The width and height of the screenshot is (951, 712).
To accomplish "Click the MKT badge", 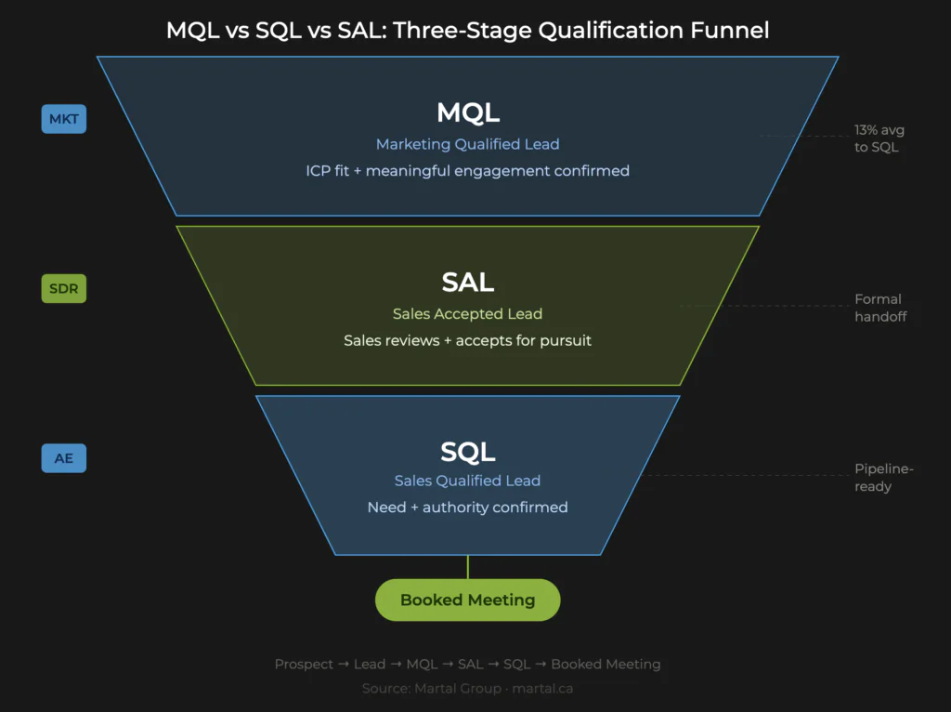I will click(63, 119).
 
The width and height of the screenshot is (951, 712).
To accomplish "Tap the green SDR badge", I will click(63, 289).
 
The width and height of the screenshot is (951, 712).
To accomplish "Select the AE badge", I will click(63, 458).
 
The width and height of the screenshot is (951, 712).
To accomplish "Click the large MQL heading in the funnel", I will click(468, 113).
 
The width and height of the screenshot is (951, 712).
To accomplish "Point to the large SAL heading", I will click(468, 283).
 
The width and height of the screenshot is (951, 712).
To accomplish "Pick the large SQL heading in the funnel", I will click(468, 452).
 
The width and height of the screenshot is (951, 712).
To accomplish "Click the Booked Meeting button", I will click(468, 600).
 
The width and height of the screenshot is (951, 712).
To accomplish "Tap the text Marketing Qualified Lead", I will click(468, 144).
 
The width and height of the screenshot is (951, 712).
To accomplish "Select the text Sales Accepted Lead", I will click(468, 313).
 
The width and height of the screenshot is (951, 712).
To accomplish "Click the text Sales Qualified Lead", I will click(468, 481).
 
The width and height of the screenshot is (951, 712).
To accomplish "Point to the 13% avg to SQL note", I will click(877, 138).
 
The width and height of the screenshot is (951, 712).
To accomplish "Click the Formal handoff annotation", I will click(878, 308).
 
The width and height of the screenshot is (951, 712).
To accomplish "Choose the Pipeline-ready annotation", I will click(883, 478).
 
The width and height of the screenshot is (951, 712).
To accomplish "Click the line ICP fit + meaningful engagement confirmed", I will click(468, 171).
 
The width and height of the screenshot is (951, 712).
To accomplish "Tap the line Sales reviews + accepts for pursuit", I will click(468, 340).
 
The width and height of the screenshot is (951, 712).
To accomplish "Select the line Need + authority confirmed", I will click(468, 508).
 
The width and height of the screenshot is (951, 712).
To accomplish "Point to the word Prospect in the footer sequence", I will click(304, 664).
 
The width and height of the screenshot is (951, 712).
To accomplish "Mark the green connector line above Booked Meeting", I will click(468, 567).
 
